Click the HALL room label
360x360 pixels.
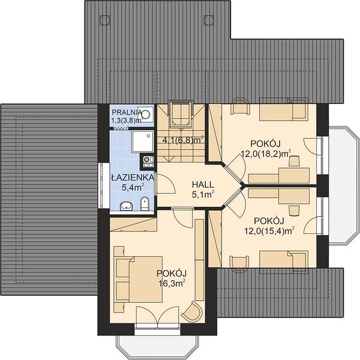[203, 184]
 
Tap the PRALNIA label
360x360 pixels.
[127, 113]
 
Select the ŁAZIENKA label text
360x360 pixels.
[133, 177]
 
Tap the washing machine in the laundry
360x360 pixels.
[146, 114]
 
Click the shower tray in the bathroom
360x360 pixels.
[142, 141]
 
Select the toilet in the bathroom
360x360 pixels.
[144, 203]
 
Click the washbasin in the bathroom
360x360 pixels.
[126, 206]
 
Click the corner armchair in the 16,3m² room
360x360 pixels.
[193, 312]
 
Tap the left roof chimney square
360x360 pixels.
[104, 20]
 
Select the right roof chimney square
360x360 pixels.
[209, 20]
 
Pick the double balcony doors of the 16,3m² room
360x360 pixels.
[157, 315]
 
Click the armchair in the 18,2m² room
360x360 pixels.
[240, 106]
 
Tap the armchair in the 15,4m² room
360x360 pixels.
[239, 264]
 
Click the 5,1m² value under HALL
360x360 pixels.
[203, 194]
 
